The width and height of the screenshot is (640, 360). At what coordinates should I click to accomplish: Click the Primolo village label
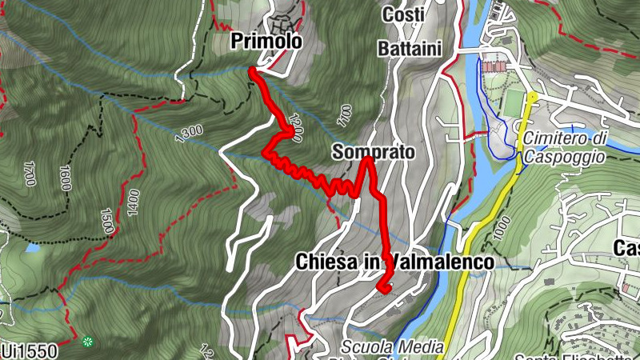266,42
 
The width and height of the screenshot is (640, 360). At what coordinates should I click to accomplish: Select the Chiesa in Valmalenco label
394,262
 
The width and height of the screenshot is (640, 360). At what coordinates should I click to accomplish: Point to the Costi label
403,14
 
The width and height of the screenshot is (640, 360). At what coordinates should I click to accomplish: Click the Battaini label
411,48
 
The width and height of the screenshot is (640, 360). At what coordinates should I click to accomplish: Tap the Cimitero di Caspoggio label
564,147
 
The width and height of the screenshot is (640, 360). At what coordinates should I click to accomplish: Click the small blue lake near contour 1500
31,249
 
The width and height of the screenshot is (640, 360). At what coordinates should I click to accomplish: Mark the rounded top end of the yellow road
532,97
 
